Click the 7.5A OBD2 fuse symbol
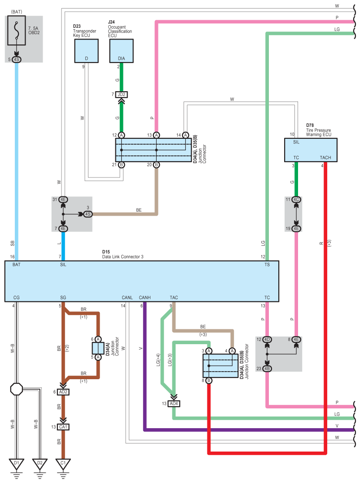click(x=17, y=30)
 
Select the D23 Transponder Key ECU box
click(x=87, y=51)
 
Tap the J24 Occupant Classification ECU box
click(x=122, y=51)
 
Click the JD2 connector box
click(x=122, y=94)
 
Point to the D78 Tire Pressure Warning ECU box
click(x=311, y=150)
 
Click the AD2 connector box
click(x=63, y=392)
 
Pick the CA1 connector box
click(x=63, y=427)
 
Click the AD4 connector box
click(x=174, y=403)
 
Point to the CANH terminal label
click(x=145, y=297)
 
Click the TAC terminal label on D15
click(x=174, y=297)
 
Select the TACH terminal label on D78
click(x=325, y=158)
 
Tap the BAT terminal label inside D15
click(x=17, y=265)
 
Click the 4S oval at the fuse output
click(x=17, y=59)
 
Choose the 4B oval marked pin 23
click(x=267, y=369)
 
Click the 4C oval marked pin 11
click(x=296, y=199)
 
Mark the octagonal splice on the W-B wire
click(x=17, y=389)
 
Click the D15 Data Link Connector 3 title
click(x=123, y=254)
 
